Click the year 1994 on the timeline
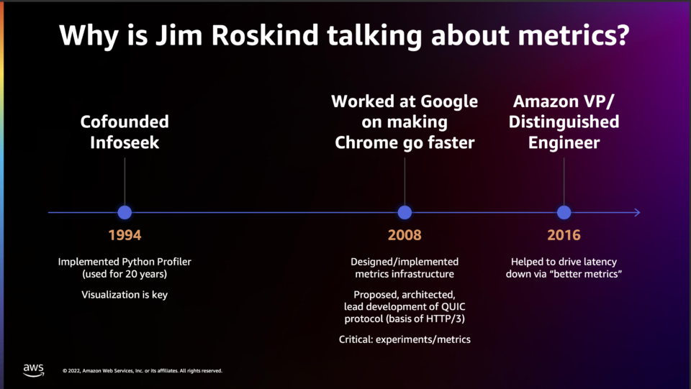click(x=125, y=235)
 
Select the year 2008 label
click(x=405, y=235)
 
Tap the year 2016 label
click(x=564, y=235)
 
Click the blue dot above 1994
click(x=125, y=213)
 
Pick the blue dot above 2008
click(x=405, y=213)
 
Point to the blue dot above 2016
click(x=564, y=213)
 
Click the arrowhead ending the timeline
click(x=637, y=213)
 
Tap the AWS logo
click(x=34, y=370)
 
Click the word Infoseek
click(x=125, y=142)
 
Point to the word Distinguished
click(x=564, y=122)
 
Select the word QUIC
click(x=453, y=307)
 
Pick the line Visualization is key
click(x=125, y=295)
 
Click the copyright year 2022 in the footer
click(x=74, y=371)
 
